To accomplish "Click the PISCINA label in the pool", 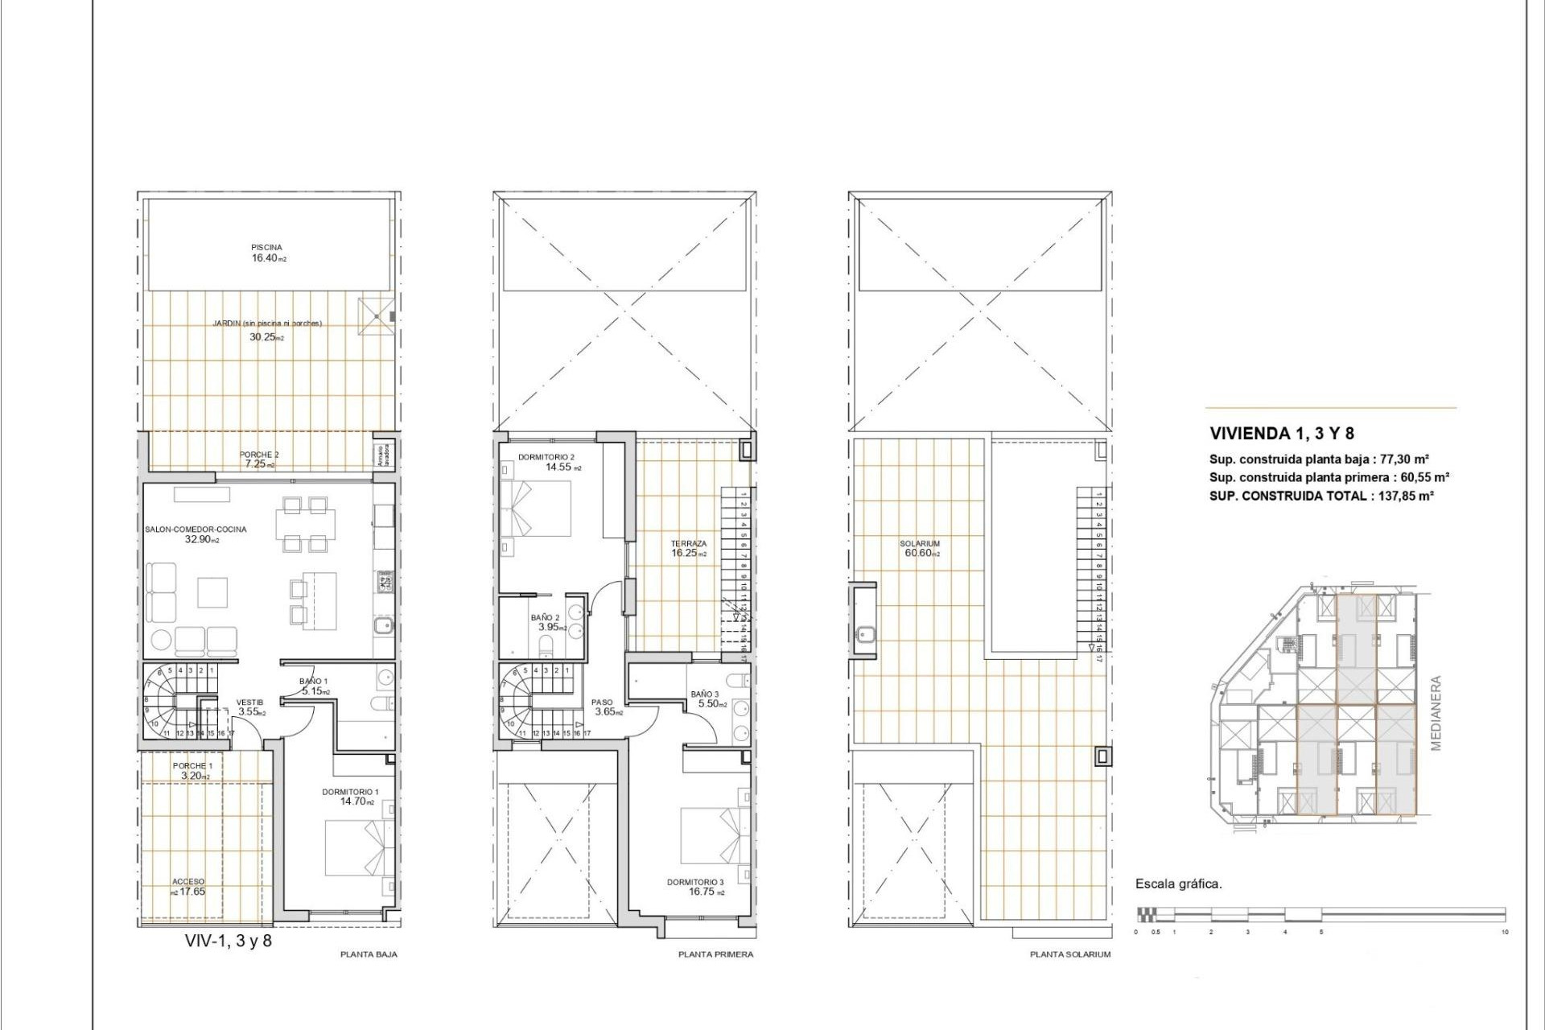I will point(266,248).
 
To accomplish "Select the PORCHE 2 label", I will point(259,455).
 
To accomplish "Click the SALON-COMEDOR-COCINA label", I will point(196,529).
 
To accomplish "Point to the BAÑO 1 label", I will point(313,682).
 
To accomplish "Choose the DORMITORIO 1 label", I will point(350,792).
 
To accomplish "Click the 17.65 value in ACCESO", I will point(192,892).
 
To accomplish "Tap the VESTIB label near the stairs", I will point(249,702).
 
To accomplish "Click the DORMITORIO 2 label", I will point(546,457).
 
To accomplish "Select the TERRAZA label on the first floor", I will point(689,544).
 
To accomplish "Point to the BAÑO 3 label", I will point(705,694).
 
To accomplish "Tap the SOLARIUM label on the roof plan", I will point(920,544).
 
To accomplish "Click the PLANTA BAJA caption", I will point(369,954).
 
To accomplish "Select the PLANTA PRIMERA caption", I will point(715,954).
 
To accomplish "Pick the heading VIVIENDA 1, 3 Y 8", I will point(1281,434).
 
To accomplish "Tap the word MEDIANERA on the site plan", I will point(1436,713).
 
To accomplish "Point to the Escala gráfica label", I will point(1178,884).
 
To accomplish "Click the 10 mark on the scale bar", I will point(1505,932).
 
